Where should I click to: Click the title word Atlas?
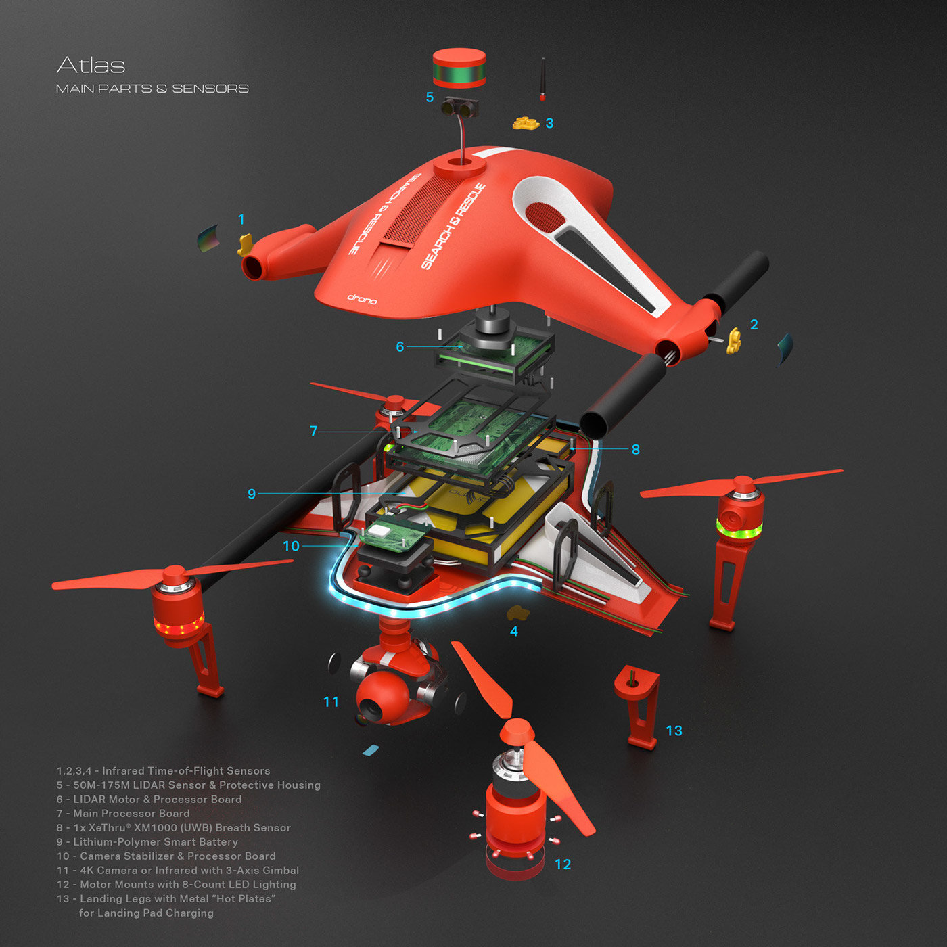click(x=91, y=66)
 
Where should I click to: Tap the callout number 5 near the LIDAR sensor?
click(x=430, y=97)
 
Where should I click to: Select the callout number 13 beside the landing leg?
click(x=674, y=731)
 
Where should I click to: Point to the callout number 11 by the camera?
click(x=331, y=702)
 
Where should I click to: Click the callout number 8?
click(x=635, y=449)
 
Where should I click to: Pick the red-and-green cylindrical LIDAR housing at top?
click(x=459, y=68)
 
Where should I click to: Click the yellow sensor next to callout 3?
click(x=525, y=123)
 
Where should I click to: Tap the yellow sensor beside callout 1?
click(x=244, y=245)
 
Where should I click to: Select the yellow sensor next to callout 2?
click(x=734, y=344)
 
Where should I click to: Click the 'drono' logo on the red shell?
click(x=362, y=298)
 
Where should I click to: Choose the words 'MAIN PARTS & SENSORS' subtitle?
click(x=152, y=89)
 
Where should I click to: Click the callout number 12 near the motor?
click(x=563, y=864)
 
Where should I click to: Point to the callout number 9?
click(x=252, y=494)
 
